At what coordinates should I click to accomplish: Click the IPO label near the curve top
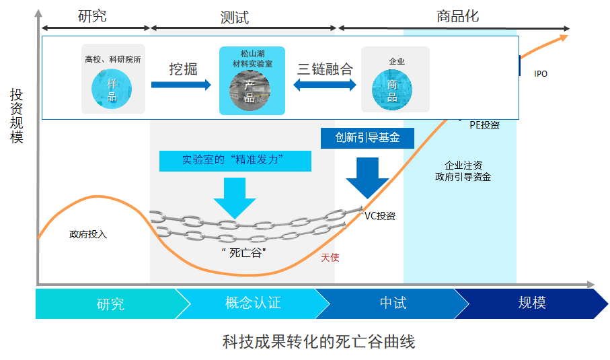click(541, 73)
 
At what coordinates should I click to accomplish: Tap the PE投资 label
click(484, 124)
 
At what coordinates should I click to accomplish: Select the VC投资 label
click(380, 216)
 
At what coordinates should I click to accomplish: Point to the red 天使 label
click(330, 257)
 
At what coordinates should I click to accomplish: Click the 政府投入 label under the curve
click(88, 234)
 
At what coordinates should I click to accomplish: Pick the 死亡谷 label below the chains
click(243, 253)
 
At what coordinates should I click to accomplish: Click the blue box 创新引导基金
click(367, 137)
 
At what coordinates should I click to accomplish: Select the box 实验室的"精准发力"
click(235, 161)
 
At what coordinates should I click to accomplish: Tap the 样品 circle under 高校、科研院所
click(112, 90)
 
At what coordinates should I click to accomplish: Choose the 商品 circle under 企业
click(392, 91)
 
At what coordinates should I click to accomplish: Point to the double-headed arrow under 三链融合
click(325, 85)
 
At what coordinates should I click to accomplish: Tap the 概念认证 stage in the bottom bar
click(252, 303)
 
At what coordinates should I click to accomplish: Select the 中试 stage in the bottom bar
click(393, 303)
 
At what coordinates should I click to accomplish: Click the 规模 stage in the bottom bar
click(531, 303)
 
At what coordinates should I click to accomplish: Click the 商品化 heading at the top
click(457, 15)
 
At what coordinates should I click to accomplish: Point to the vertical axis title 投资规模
click(17, 115)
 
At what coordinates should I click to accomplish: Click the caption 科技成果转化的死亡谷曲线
click(319, 341)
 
